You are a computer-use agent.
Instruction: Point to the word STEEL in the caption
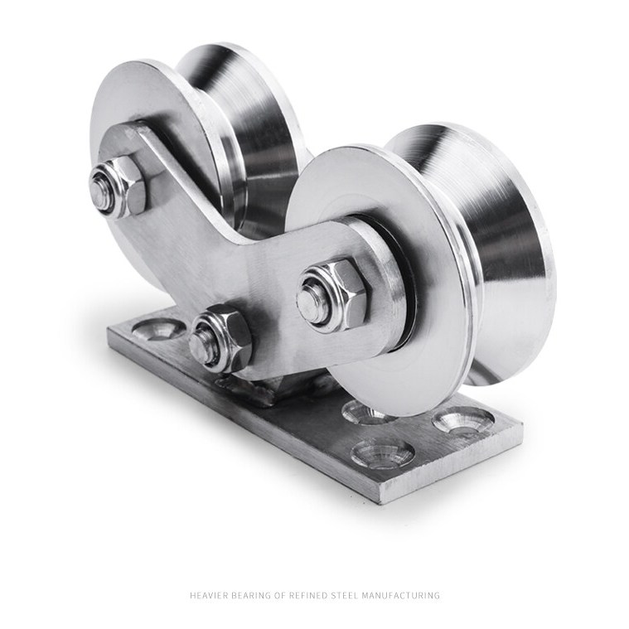coord(344,595)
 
